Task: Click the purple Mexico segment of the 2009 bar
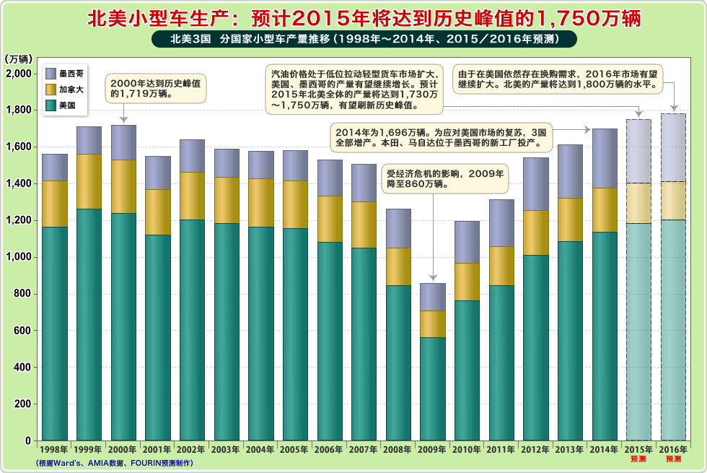[432, 297]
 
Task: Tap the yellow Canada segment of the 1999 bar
[89, 181]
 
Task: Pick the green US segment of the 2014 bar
[605, 336]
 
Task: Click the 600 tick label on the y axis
[22, 331]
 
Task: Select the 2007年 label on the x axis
[364, 449]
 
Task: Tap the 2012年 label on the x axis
[535, 449]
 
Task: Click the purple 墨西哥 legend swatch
[50, 73]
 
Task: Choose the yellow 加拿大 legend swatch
[50, 90]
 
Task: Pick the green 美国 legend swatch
[50, 105]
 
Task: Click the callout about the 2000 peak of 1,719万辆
[155, 88]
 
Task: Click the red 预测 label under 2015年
[638, 459]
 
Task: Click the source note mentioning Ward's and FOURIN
[114, 463]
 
